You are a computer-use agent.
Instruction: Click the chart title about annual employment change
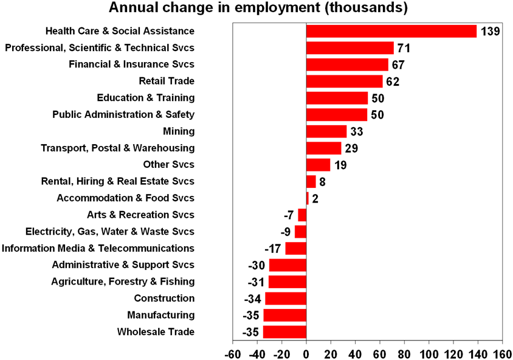[x=258, y=9]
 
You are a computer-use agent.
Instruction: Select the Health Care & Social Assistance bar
[x=391, y=31]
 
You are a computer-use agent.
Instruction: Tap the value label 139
[x=490, y=31]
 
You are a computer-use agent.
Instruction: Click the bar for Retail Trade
[x=344, y=81]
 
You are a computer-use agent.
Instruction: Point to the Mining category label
[x=179, y=131]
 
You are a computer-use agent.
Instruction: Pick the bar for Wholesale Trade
[x=284, y=332]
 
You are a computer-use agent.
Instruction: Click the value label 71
[x=404, y=48]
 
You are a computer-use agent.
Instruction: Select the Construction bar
[x=285, y=299]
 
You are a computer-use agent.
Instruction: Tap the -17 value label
[x=273, y=249]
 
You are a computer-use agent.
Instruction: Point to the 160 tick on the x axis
[x=502, y=353]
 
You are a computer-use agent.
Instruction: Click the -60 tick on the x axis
[x=232, y=353]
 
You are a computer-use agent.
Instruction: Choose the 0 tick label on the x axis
[x=306, y=353]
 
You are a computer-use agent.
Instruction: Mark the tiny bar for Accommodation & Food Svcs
[x=308, y=198]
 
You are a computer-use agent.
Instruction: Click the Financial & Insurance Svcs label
[x=131, y=64]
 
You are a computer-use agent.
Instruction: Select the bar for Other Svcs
[x=318, y=165]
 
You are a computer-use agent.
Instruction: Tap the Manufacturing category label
[x=161, y=315]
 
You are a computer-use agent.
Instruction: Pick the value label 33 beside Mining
[x=356, y=131]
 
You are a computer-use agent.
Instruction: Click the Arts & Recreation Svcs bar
[x=302, y=215]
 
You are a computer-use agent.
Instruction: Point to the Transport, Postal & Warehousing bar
[x=324, y=148]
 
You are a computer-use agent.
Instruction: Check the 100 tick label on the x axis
[x=429, y=353]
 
